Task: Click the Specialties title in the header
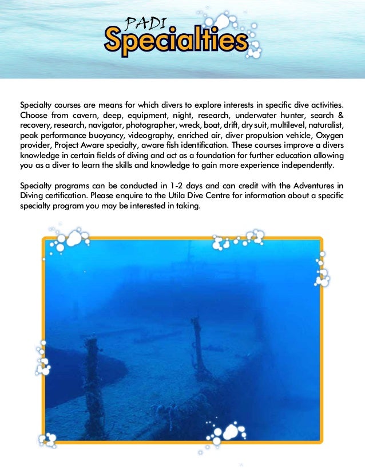(x=176, y=41)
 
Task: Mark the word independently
(x=301, y=165)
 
